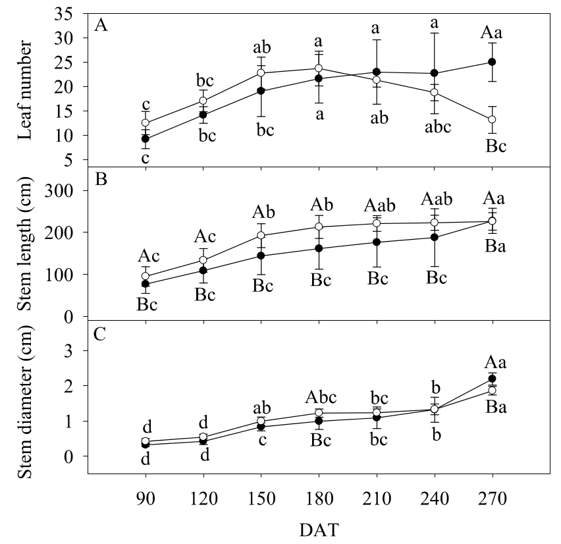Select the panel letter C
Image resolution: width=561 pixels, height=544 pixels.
pyautogui.click(x=101, y=333)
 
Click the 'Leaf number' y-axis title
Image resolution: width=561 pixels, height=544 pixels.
pyautogui.click(x=26, y=89)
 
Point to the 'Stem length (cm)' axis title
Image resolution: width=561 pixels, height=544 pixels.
pyautogui.click(x=26, y=243)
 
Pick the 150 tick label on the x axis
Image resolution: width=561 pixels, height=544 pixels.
pyautogui.click(x=261, y=494)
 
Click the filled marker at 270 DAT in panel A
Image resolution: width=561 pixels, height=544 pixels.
pyautogui.click(x=491, y=62)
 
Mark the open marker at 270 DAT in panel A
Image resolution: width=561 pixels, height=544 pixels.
pyautogui.click(x=491, y=119)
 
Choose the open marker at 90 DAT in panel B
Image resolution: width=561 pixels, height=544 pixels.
pyautogui.click(x=146, y=277)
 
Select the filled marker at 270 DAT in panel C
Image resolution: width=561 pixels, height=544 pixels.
pyautogui.click(x=491, y=379)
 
